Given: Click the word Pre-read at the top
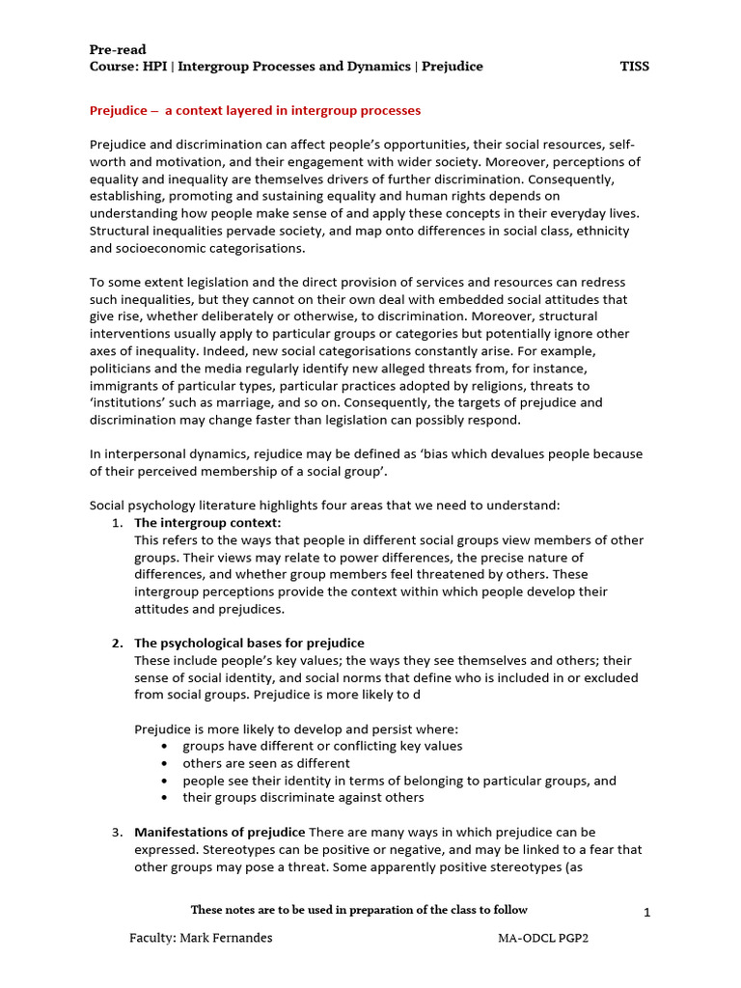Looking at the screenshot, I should (117, 49).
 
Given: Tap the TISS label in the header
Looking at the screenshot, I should (634, 67).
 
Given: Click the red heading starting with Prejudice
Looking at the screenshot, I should (255, 111).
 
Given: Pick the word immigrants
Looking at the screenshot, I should (129, 385).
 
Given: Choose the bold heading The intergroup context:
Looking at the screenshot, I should (207, 523).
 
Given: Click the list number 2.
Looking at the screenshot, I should (116, 644).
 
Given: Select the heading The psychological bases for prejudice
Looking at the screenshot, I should (249, 644).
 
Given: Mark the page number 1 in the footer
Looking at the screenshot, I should (646, 913).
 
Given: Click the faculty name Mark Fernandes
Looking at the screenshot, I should (227, 938).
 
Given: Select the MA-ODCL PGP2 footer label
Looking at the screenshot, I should (543, 938).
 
